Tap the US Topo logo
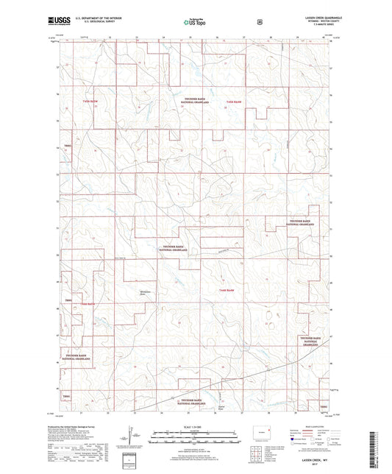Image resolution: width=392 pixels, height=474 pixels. click(x=195, y=24)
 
